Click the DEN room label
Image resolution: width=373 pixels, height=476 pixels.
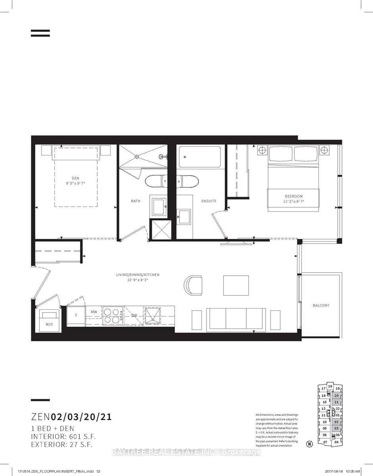(x=75, y=178)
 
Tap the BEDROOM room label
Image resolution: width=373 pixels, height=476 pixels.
(x=294, y=196)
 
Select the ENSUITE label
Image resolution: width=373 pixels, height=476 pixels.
(x=209, y=201)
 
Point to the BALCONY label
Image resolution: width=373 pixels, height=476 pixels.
(x=321, y=305)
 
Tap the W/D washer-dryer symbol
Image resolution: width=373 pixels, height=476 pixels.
(x=49, y=320)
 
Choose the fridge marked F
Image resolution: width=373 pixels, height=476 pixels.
(x=76, y=316)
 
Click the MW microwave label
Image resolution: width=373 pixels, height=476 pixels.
(x=94, y=312)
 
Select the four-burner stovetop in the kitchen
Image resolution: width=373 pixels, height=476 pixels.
(x=113, y=316)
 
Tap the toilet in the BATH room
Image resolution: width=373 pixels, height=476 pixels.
(x=157, y=182)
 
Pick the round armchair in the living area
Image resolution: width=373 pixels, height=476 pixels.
(x=193, y=285)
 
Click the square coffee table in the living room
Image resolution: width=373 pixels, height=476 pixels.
(x=236, y=285)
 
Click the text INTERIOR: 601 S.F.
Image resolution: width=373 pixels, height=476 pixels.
(x=63, y=436)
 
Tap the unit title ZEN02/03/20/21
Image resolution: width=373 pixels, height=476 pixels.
(x=71, y=417)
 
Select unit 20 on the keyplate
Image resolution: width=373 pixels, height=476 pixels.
(x=336, y=395)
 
